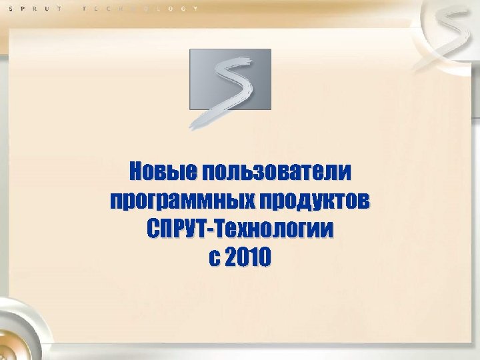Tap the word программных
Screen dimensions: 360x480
coord(176,201)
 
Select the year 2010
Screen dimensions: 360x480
coord(249,257)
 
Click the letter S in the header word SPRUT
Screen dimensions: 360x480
coord(10,8)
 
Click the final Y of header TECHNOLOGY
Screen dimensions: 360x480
coord(196,8)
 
